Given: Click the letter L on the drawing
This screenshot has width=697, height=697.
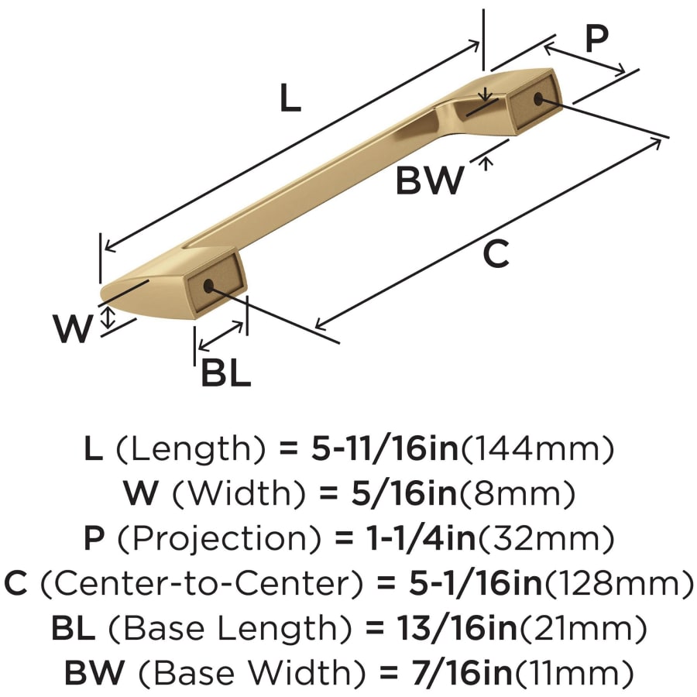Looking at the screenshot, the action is point(290,98).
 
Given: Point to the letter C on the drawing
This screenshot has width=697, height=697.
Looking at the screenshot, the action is point(496,253).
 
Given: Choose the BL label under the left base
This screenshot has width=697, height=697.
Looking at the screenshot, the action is point(226,373).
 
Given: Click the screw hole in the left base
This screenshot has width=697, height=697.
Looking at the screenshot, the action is point(208,286).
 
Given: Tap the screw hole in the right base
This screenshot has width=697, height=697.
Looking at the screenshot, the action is point(538,98).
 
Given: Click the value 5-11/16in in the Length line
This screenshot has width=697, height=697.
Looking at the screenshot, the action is point(385,448).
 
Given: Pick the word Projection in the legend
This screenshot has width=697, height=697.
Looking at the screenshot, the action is point(220,538).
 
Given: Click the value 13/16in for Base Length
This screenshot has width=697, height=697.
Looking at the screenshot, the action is point(458,627).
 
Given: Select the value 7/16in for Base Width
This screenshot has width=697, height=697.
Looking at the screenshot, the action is point(462,672).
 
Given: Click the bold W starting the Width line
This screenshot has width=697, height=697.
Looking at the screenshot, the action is point(141,493).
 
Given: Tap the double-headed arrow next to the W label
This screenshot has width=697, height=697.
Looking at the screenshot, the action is point(108,318).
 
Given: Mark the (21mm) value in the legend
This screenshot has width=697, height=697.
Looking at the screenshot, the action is point(583,627).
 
